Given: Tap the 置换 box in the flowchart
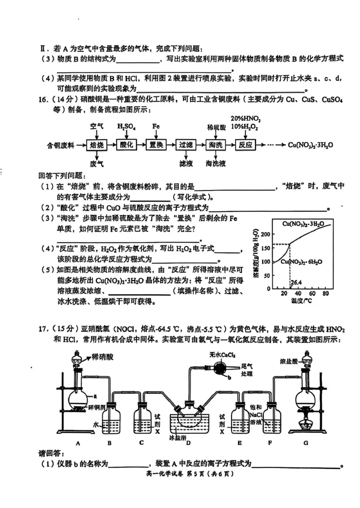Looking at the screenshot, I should coord(155,145).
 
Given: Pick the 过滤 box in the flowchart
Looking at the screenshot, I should coord(186,145).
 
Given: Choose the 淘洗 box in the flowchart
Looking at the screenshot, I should coord(216,145).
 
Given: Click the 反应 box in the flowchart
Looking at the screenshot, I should coord(246,145).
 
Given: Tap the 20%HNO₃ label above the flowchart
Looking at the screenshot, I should coord(246,118).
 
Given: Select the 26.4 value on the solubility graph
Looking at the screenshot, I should coord(296,283).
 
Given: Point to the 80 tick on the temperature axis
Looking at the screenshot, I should coord(325,294).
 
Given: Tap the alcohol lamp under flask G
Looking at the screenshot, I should coord(306,423).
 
